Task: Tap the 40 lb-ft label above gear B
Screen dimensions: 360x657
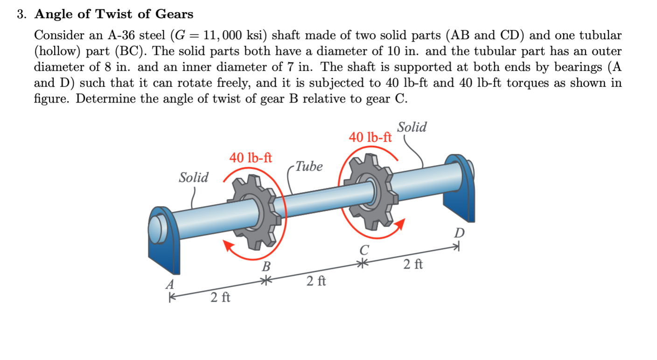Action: (251, 158)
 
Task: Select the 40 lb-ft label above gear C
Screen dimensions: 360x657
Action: (370, 137)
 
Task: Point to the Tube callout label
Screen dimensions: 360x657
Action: (309, 166)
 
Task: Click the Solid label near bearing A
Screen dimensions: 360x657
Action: (194, 178)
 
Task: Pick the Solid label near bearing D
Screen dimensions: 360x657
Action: (412, 127)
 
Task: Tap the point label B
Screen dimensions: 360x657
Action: (266, 267)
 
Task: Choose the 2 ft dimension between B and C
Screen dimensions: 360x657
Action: (316, 281)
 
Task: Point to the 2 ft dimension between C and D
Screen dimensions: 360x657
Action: (413, 264)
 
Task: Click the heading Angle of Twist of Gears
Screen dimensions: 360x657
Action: (114, 14)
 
